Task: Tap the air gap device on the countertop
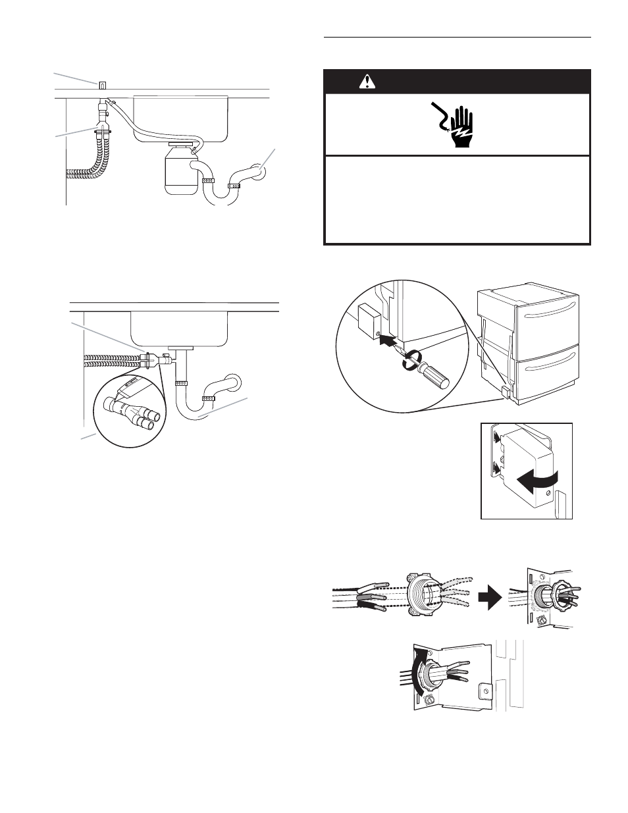[x=102, y=85]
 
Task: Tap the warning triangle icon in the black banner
[x=367, y=82]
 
